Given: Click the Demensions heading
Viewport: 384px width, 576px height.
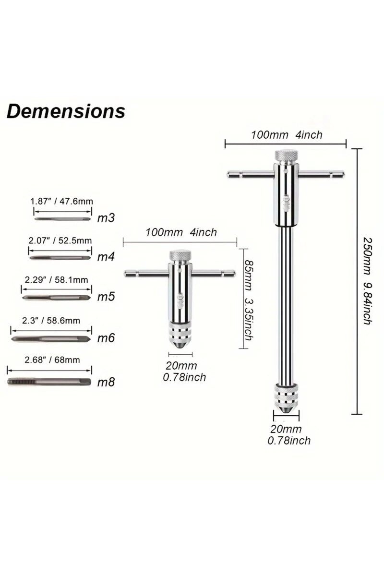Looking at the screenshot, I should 66,111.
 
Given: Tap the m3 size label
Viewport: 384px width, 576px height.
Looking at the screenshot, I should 106,218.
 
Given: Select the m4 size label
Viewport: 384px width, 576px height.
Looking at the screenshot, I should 106,257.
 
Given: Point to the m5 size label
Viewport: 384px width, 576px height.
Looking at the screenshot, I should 106,297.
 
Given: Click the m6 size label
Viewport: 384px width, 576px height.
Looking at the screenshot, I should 106,338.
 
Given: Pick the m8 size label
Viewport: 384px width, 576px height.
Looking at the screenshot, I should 106,383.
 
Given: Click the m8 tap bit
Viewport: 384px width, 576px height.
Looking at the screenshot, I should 49,382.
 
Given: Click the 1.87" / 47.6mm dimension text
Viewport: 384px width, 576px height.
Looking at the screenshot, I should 61,202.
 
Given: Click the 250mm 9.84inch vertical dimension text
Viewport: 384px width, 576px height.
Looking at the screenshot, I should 367,281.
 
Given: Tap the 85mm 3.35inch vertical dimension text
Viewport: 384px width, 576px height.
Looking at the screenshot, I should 248,300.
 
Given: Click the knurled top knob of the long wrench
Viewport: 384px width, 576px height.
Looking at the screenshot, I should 285,156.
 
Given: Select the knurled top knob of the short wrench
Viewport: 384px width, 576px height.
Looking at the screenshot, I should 180,255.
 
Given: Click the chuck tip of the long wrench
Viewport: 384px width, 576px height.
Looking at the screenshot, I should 286,408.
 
